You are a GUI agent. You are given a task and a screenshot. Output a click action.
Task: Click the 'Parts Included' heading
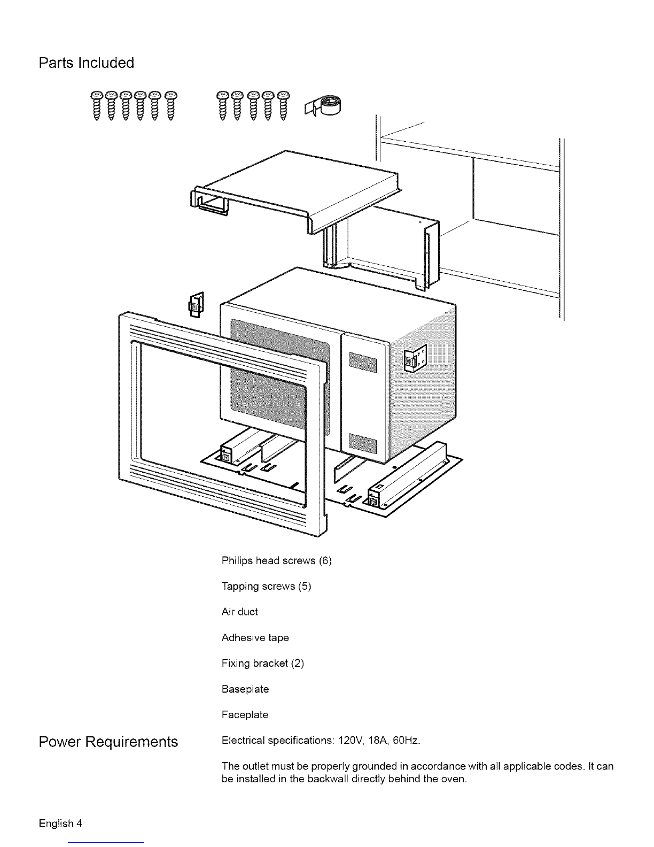coord(86,63)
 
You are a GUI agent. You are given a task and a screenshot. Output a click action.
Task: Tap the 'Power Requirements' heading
coord(108,742)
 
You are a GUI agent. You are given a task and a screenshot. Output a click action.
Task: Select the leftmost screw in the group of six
coord(97,106)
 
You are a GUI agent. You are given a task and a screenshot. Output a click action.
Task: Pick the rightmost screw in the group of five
coord(283,106)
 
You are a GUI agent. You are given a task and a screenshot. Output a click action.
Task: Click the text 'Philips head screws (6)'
coord(277,560)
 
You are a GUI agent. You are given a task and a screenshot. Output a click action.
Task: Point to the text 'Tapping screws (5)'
coord(267,586)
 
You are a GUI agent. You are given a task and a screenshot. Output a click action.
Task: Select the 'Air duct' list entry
coord(239,612)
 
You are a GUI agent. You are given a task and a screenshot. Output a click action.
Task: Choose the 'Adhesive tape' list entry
coord(255,638)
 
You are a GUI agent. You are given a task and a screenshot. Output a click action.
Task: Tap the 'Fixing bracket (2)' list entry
coord(263,664)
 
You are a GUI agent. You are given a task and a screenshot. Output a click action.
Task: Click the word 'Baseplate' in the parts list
coord(245,689)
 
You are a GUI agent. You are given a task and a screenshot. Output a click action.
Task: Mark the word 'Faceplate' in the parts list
coord(245,715)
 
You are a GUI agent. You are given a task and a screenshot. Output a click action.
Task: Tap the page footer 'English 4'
coord(60,823)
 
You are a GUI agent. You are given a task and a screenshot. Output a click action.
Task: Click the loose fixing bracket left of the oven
coord(196,305)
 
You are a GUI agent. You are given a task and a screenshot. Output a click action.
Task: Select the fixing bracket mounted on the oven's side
coord(415,358)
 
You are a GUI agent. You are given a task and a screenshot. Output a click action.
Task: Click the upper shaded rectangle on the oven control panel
coord(363,362)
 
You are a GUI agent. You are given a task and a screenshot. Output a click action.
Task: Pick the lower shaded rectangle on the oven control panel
coord(363,444)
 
